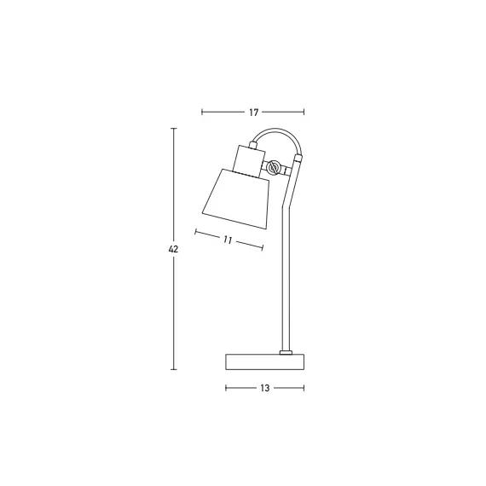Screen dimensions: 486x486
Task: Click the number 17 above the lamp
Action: (253, 112)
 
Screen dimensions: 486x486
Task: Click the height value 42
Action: (174, 249)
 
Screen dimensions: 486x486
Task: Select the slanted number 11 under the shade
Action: (228, 240)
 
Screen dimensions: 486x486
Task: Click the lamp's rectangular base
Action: (264, 362)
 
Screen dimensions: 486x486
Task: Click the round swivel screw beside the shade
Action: (274, 167)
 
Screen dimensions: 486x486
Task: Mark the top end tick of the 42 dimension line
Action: (174, 128)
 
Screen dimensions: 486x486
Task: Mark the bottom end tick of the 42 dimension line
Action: (174, 369)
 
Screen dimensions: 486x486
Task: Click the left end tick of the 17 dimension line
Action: (202, 112)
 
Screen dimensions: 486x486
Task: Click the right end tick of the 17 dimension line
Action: (304, 112)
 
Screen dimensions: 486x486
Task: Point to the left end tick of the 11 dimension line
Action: (196, 231)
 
